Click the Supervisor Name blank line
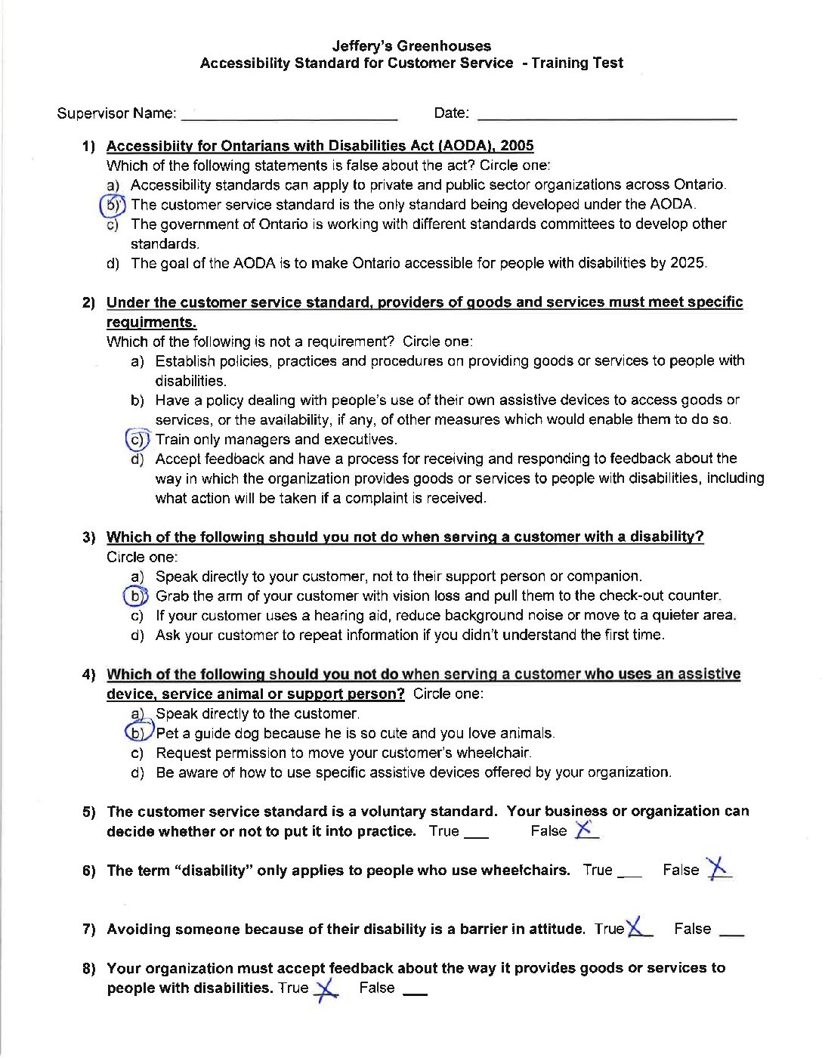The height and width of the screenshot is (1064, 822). point(289,118)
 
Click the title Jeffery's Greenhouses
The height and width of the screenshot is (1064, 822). point(411,46)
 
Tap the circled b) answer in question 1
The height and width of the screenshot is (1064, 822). point(113,205)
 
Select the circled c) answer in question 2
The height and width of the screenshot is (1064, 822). point(137,439)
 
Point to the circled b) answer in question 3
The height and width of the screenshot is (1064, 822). point(135,596)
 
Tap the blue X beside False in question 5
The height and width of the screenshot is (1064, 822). point(584,830)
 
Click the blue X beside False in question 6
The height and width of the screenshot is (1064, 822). point(718,868)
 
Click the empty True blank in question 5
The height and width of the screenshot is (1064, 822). point(476,837)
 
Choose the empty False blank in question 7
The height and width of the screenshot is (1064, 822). point(731,935)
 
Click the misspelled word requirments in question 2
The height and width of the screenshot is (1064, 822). point(151,322)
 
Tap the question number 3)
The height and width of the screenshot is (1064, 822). point(89,537)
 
